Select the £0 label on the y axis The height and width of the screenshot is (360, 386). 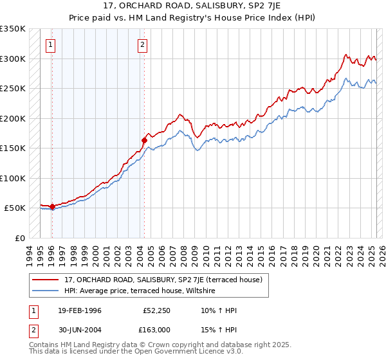click(20, 238)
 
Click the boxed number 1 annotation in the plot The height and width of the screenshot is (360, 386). click(50, 45)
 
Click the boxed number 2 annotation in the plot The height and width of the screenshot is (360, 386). click(142, 45)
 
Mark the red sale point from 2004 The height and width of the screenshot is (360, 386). click(144, 139)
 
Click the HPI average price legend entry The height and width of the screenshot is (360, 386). click(139, 291)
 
